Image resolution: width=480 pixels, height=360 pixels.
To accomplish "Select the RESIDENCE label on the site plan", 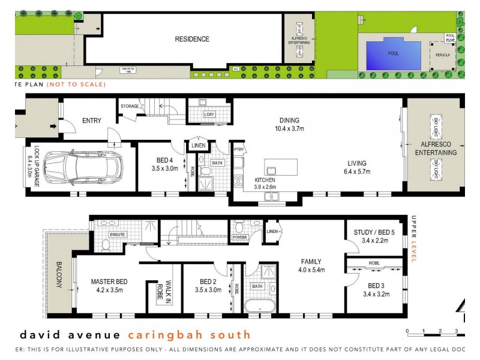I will [192, 40].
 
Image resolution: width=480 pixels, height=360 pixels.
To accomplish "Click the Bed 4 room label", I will [165, 160].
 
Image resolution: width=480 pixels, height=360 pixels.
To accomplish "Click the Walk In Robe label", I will [160, 293].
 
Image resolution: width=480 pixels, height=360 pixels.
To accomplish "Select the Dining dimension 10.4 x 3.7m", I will [289, 128].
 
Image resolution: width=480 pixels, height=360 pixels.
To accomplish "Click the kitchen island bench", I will [281, 166].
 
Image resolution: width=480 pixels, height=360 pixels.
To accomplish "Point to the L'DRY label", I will [209, 114].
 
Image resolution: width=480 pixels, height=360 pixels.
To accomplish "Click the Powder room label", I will [239, 238].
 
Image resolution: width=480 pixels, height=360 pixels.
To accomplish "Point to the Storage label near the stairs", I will [130, 106].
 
